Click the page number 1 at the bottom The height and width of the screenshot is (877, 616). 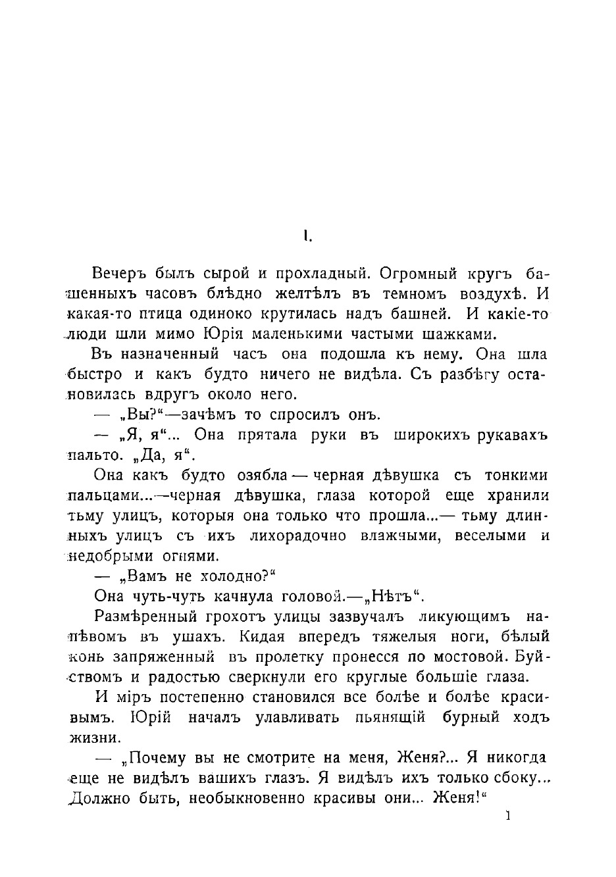(x=507, y=816)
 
